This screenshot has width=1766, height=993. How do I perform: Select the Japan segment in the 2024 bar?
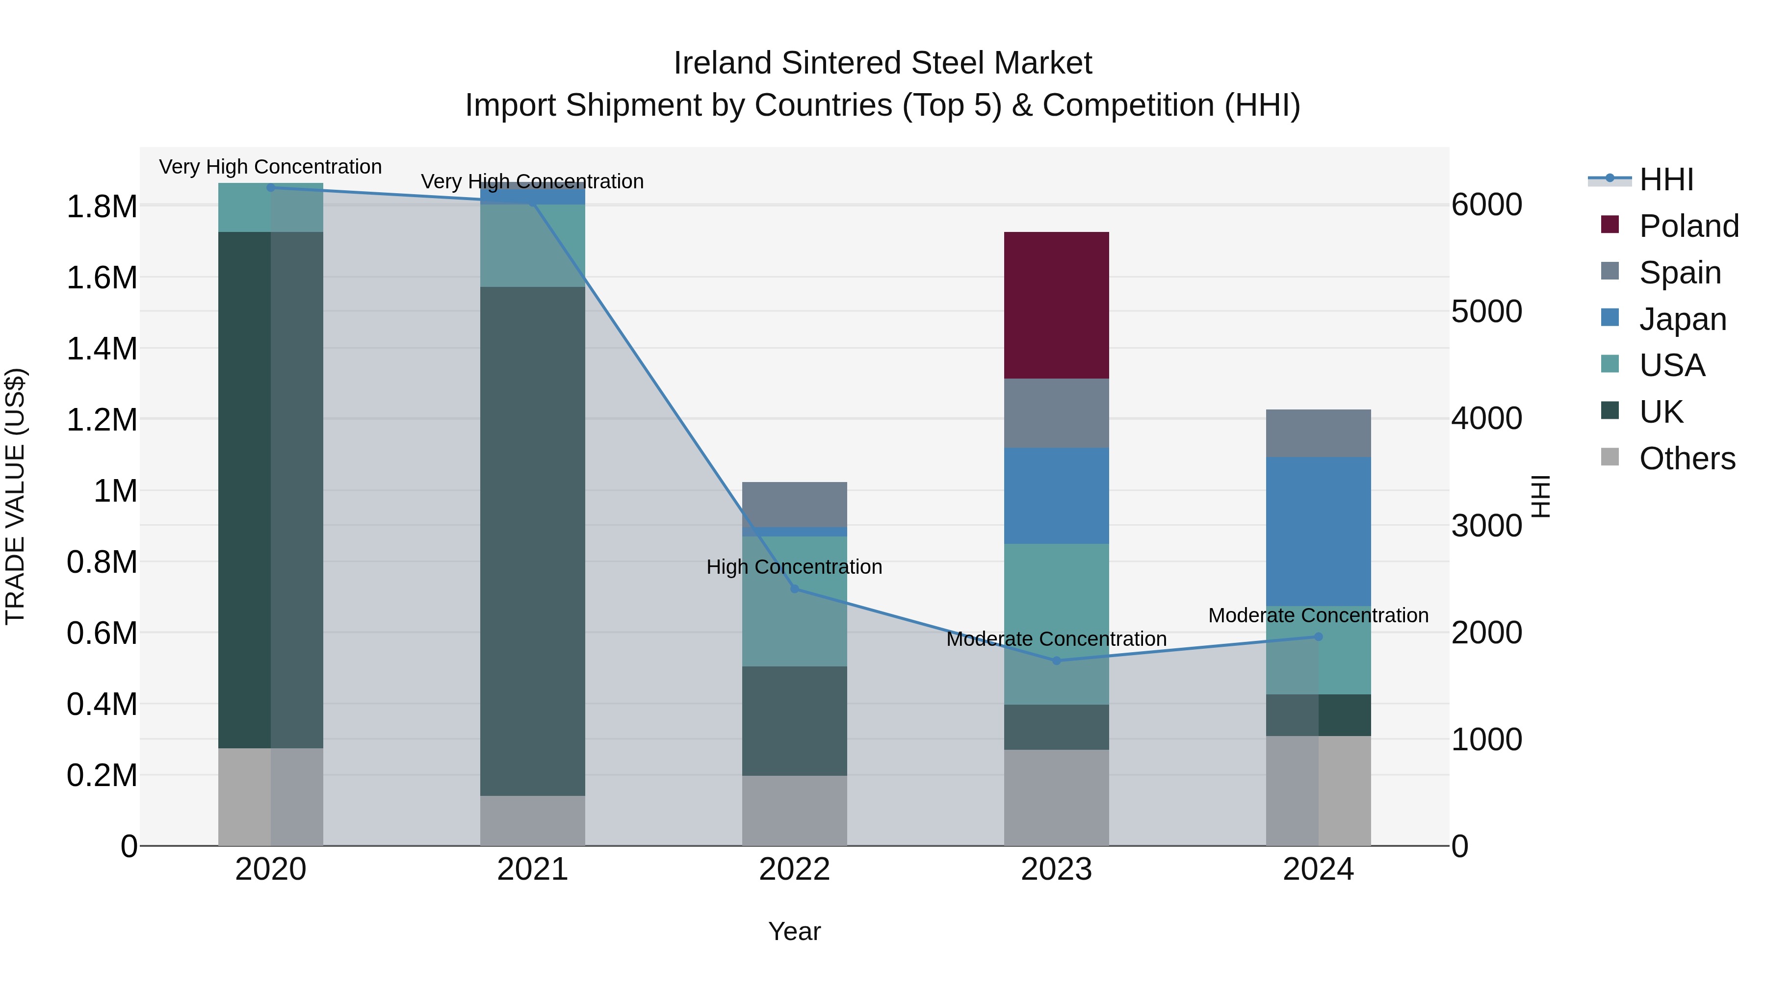[x=1318, y=531]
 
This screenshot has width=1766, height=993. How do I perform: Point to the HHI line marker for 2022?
[x=795, y=588]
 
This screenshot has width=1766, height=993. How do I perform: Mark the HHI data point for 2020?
[x=271, y=187]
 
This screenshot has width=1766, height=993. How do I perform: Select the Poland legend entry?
[x=1688, y=226]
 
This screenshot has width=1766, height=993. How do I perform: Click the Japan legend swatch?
[x=1610, y=318]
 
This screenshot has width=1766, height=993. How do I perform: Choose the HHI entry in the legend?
[x=1666, y=179]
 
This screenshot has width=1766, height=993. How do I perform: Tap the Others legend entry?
[x=1687, y=458]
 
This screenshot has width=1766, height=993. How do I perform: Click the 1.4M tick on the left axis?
[x=102, y=349]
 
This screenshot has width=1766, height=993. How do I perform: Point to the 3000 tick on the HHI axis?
[x=1486, y=526]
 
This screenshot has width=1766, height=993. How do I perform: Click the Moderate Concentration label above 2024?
[x=1318, y=615]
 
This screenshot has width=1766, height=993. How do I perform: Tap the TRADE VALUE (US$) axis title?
[x=15, y=496]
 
